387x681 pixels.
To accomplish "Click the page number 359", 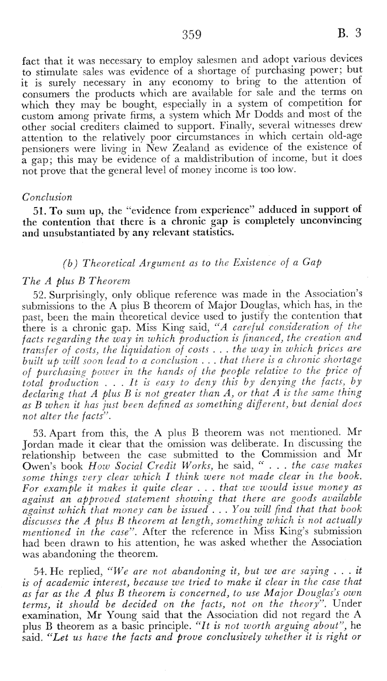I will [191, 34].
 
